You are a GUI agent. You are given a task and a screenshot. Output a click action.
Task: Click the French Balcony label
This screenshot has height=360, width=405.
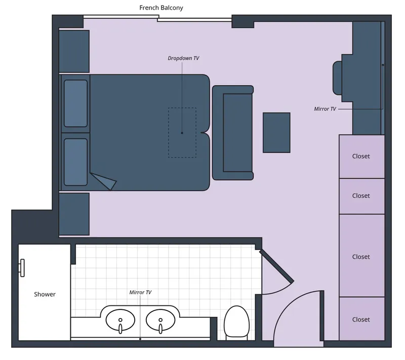(161, 8)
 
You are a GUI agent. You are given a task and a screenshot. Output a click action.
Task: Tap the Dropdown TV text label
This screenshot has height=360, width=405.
(183, 58)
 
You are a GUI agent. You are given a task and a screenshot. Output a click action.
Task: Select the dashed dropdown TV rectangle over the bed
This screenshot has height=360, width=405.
(182, 132)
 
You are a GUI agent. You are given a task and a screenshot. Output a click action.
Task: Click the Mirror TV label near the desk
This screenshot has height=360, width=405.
(325, 109)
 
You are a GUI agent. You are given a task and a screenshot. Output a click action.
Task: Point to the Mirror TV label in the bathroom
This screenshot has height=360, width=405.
(140, 292)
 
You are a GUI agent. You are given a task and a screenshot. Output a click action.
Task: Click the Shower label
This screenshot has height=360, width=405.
(45, 294)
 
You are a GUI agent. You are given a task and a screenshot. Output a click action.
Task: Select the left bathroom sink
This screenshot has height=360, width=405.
(120, 319)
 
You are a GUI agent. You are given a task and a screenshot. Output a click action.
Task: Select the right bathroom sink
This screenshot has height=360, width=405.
(161, 319)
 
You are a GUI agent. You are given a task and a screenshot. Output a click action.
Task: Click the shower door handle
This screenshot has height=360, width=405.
(22, 267)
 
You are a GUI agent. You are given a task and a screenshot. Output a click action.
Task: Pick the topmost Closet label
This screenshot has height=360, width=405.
(361, 156)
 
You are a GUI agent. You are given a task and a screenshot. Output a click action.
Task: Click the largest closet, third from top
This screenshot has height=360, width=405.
(361, 257)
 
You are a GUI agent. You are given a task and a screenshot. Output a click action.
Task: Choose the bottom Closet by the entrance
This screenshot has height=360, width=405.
(361, 319)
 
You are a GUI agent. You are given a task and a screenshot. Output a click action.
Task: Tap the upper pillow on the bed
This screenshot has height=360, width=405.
(76, 103)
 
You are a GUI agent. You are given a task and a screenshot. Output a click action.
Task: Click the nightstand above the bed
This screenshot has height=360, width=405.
(74, 51)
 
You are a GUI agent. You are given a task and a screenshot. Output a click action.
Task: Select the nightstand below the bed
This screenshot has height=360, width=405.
(74, 214)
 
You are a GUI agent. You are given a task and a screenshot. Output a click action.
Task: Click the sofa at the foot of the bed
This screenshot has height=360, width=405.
(233, 133)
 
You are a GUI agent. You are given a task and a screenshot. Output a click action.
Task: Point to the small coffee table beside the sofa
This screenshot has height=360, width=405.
(276, 133)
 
